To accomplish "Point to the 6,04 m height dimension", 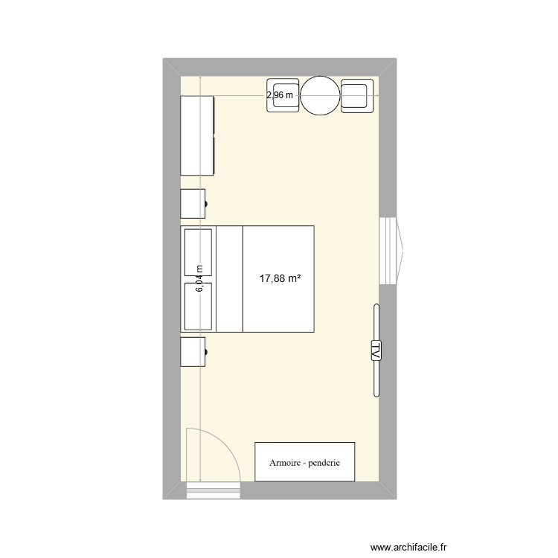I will pos(200,279).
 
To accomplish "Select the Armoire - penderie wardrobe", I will pos(304,461).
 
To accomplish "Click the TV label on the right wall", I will pos(376,350).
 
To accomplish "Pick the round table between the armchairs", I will pos(320,95).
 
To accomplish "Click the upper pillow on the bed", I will pos(198,253).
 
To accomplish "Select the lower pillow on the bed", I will pos(198,305).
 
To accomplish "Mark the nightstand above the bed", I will pos(192,204).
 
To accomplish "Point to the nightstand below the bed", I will pos(192,351).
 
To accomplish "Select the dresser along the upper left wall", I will pos(198,135).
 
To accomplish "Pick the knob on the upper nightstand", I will pos(206,204).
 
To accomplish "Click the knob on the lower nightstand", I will pos(206,351).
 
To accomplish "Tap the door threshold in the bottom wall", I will pos(213,490).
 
